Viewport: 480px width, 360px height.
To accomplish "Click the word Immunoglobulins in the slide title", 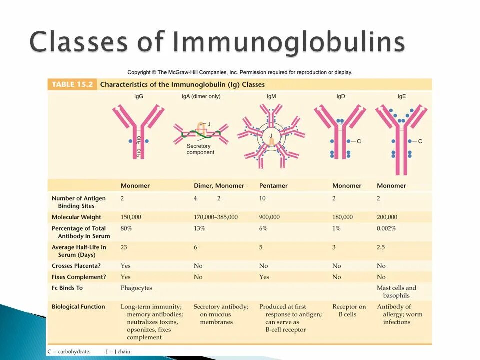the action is click(289, 42).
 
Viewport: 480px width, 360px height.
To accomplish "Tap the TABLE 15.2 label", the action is click(72, 84).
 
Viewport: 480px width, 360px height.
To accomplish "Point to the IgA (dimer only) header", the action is click(201, 96).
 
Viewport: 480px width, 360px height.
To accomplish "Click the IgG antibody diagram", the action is click(138, 131).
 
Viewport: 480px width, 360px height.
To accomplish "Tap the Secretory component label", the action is click(200, 149).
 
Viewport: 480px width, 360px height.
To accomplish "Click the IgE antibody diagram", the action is click(401, 137).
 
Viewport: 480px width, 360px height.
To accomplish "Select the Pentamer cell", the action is click(273, 186).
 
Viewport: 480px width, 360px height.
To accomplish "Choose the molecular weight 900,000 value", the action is click(269, 217).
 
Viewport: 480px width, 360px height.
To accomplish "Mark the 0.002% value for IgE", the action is click(386, 228).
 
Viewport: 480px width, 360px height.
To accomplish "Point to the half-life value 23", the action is click(124, 247).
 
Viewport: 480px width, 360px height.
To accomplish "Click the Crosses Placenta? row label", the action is click(76, 266).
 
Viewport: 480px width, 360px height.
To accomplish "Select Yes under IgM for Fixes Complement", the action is click(264, 277).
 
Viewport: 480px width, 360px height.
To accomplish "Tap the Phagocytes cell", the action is click(136, 288).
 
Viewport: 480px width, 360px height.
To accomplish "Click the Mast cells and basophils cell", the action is click(396, 292).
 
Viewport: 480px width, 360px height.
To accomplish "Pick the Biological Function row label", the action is click(78, 307).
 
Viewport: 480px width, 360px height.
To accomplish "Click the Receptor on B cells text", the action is click(349, 310).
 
